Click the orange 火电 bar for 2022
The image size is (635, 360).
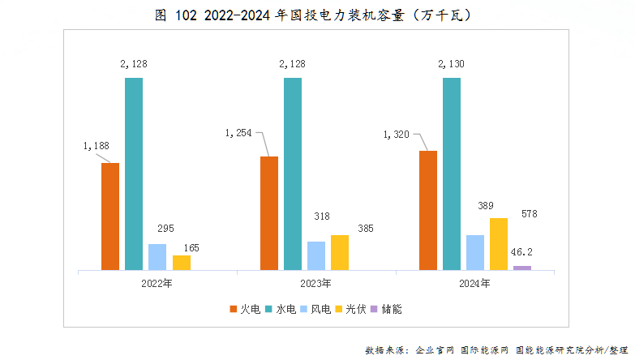click(110, 216)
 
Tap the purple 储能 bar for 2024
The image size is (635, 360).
click(522, 268)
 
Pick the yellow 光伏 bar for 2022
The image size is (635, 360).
click(182, 262)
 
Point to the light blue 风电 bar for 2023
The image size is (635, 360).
click(316, 255)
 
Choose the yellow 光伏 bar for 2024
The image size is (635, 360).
click(499, 243)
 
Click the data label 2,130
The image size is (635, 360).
click(452, 62)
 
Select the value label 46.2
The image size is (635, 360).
click(521, 252)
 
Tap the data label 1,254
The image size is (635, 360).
click(241, 133)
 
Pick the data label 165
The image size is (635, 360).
click(191, 248)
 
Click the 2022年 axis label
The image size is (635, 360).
click(157, 283)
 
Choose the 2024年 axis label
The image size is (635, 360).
click(474, 283)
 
